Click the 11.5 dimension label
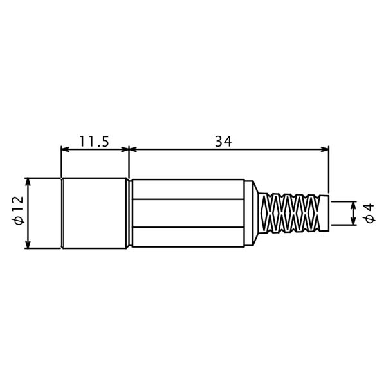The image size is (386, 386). tap(94, 142)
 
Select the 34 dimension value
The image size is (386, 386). tap(223, 142)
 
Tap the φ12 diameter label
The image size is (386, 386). tap(19, 210)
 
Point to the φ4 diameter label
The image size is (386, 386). tap(370, 213)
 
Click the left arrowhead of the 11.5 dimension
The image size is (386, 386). tap(65, 149)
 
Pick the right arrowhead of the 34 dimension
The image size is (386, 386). tap(325, 149)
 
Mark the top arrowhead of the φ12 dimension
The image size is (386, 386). tap(28, 181)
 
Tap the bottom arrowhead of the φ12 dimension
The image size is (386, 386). tap(28, 244)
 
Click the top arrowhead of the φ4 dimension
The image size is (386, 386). tap(354, 205)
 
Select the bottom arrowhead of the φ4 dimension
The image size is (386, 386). tap(354, 221)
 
